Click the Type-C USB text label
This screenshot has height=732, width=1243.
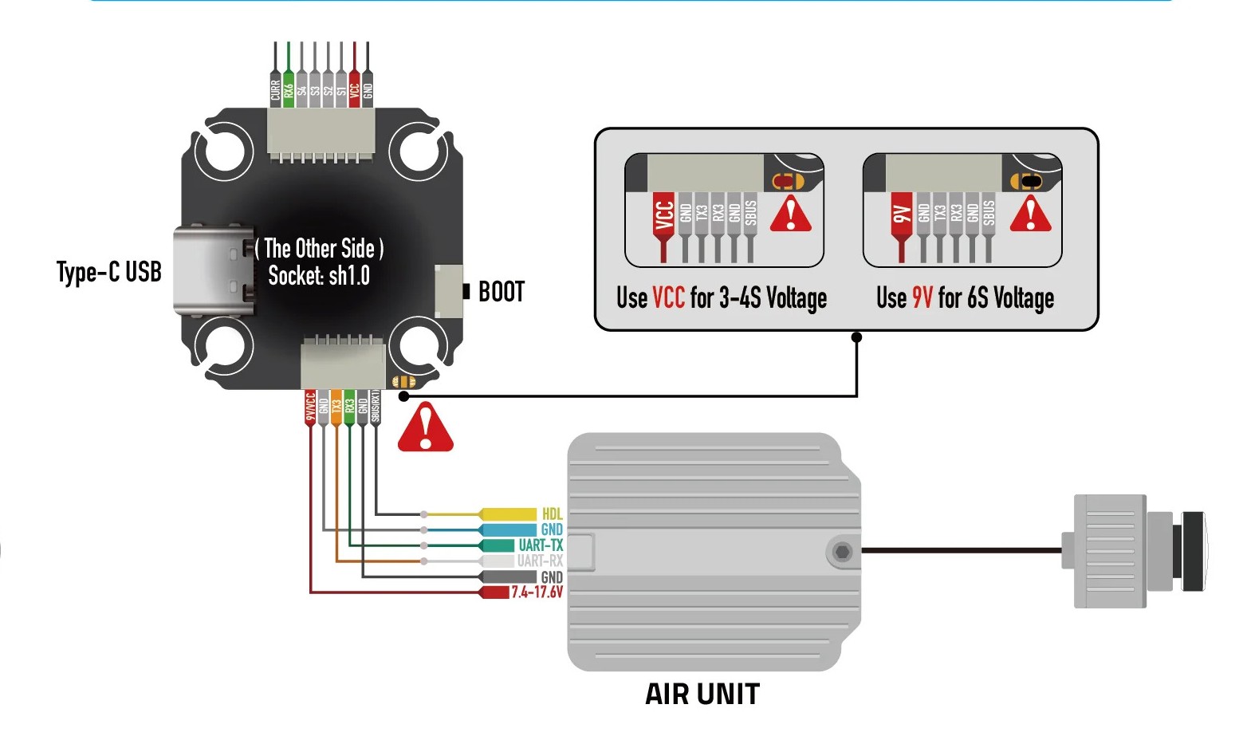(109, 272)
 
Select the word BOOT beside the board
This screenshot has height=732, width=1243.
(502, 292)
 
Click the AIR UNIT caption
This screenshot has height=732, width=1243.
(702, 695)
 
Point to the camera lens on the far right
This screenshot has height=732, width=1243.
(1193, 550)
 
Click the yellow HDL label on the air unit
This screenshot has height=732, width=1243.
(552, 514)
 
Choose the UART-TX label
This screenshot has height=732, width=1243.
(541, 545)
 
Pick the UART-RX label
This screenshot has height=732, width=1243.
(540, 561)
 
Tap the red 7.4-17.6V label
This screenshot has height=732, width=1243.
(537, 592)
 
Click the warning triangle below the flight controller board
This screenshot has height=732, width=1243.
(426, 429)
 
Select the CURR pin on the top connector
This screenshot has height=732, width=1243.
(275, 89)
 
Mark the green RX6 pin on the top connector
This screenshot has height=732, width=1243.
(289, 89)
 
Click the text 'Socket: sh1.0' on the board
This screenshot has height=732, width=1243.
(319, 276)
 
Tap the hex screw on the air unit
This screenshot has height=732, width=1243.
(842, 551)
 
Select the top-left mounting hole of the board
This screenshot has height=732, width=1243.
(224, 149)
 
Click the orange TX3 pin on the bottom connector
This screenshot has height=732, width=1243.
(336, 406)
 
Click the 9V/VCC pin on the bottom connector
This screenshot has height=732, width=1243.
(310, 406)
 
